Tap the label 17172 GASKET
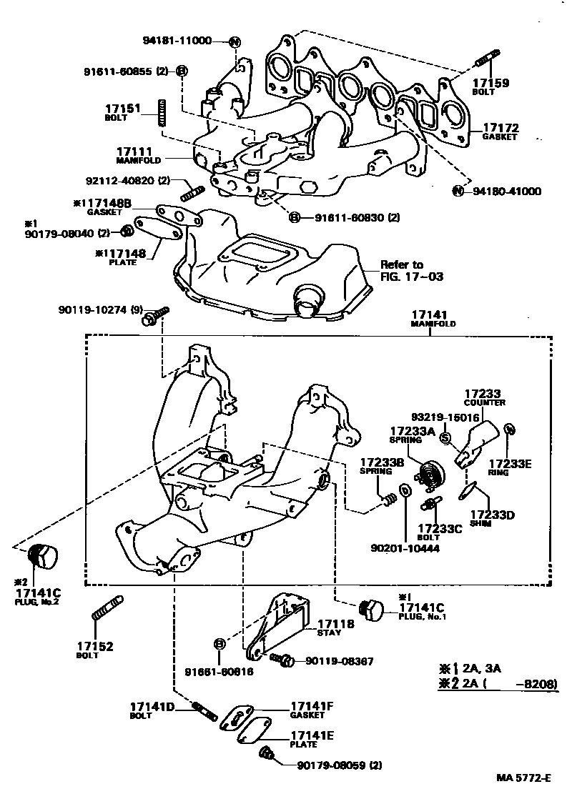pyautogui.click(x=498, y=131)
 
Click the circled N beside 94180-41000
pyautogui.click(x=458, y=191)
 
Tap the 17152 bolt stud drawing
pyautogui.click(x=107, y=608)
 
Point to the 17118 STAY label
pyautogui.click(x=335, y=627)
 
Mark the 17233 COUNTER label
pyautogui.click(x=484, y=397)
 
